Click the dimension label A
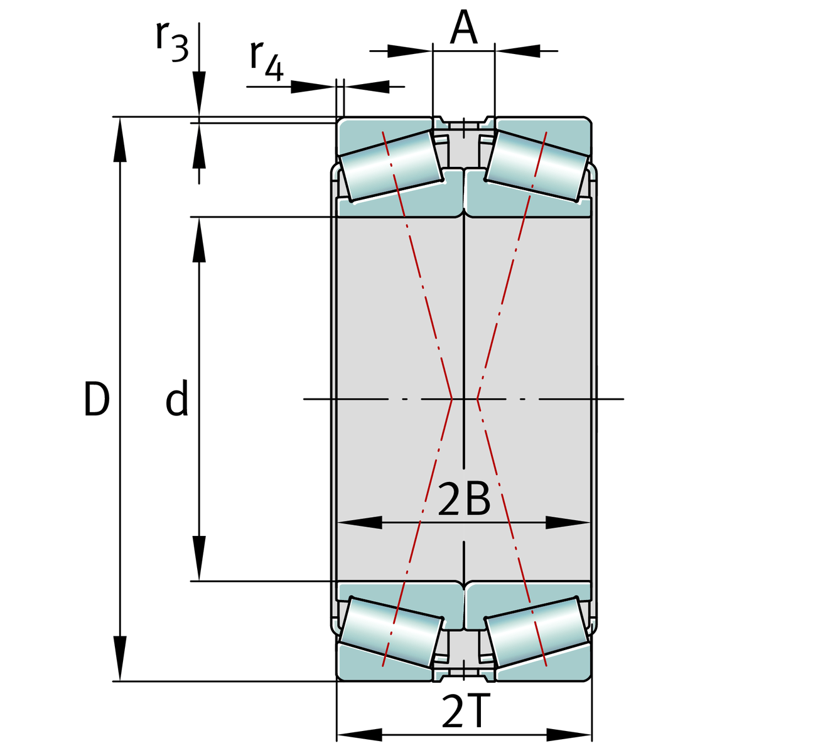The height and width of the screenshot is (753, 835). [463, 27]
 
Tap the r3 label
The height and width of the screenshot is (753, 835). [172, 41]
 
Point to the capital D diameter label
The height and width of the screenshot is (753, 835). [97, 399]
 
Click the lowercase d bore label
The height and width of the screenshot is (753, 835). [177, 398]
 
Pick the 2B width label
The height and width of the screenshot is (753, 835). [464, 499]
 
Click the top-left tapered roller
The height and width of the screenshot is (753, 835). [391, 166]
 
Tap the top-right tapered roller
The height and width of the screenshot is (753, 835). [537, 166]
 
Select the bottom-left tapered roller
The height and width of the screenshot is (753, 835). [391, 632]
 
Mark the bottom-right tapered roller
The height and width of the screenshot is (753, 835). [537, 632]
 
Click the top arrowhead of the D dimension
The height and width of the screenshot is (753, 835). [120, 139]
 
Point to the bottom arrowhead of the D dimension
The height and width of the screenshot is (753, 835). [120, 659]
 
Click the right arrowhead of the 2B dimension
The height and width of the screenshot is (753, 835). [568, 523]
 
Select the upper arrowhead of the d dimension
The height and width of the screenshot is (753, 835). [199, 240]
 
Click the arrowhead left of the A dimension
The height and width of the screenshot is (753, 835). [409, 51]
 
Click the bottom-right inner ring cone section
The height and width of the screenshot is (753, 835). [528, 602]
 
